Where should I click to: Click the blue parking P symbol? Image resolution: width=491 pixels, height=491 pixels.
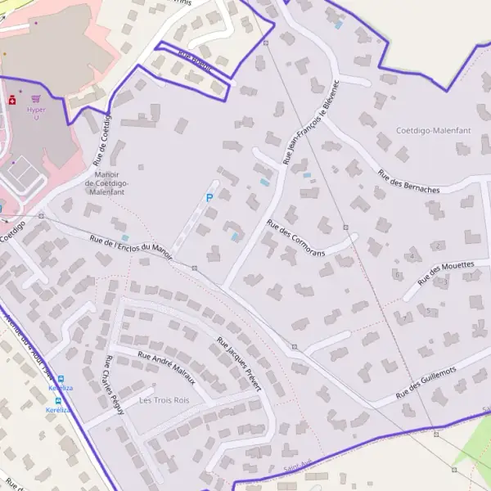[x=209, y=197]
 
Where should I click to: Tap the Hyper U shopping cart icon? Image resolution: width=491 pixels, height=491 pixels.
[x=35, y=98]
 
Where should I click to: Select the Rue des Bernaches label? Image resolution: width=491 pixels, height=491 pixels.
[x=408, y=182]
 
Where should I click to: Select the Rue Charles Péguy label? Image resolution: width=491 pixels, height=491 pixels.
[x=113, y=385]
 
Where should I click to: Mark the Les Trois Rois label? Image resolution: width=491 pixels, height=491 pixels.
[x=164, y=400]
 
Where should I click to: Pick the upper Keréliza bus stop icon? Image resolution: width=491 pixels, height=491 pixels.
[x=60, y=379]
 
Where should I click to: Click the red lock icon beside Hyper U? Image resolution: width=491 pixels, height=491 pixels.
[x=12, y=101]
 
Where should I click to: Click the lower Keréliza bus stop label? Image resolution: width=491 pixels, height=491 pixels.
[x=59, y=409]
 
